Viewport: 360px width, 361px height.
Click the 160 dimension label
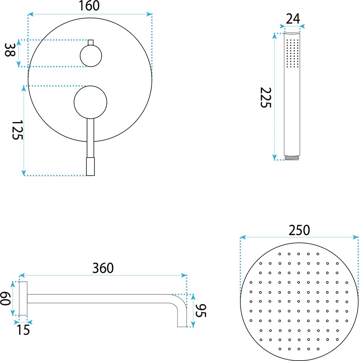89,6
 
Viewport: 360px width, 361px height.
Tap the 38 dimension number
10,50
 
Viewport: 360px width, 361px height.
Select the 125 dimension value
17,130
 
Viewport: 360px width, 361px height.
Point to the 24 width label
293,19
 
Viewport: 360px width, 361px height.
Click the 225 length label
265,98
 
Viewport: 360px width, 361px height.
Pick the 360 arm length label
103,268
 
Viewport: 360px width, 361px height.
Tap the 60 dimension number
5,298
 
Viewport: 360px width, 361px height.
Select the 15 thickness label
23,330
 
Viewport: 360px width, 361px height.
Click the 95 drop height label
201,311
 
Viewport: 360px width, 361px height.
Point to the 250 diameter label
299,230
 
